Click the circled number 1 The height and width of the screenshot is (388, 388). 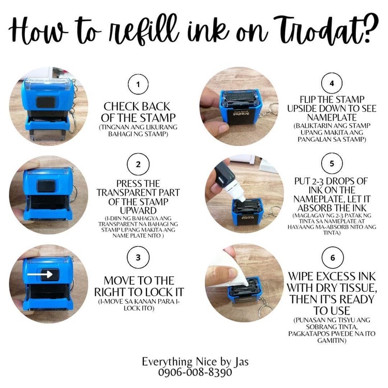pyautogui.click(x=138, y=84)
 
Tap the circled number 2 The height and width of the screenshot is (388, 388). pyautogui.click(x=138, y=165)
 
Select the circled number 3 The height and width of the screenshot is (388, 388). pyautogui.click(x=138, y=257)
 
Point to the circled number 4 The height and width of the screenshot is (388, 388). pyautogui.click(x=332, y=83)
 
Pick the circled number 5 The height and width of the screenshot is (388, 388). pyautogui.click(x=332, y=163)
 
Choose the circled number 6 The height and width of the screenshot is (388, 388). pyautogui.click(x=333, y=258)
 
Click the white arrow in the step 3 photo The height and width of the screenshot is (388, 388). pyautogui.click(x=40, y=274)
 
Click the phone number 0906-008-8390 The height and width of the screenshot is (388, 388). pyautogui.click(x=195, y=372)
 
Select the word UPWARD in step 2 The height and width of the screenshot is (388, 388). pyautogui.click(x=138, y=211)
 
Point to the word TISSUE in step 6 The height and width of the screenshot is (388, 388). pyautogui.click(x=359, y=288)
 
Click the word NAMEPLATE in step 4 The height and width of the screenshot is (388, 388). pyautogui.click(x=332, y=117)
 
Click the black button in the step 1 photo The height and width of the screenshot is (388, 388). pyautogui.click(x=46, y=102)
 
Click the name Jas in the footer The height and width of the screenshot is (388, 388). pyautogui.click(x=241, y=362)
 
